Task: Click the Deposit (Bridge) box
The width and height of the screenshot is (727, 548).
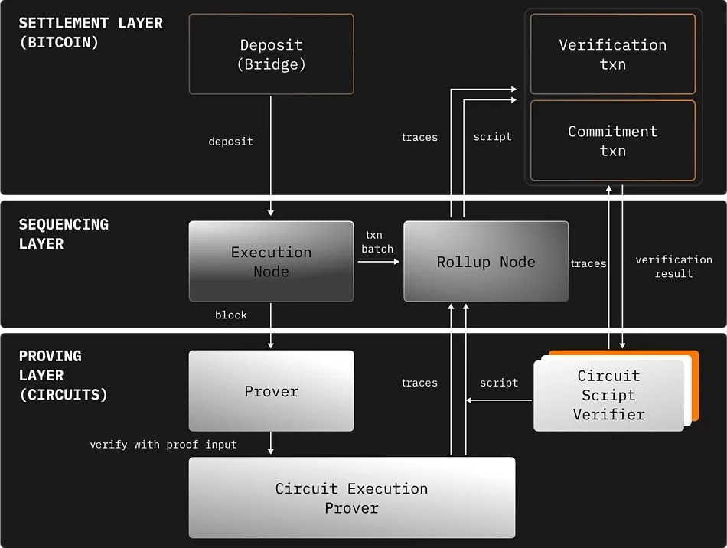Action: [271, 54]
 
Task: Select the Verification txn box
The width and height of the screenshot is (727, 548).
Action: [612, 54]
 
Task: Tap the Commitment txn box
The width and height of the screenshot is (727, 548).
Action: [612, 141]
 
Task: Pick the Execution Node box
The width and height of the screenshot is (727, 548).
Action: [271, 262]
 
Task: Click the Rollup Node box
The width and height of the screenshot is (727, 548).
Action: [486, 262]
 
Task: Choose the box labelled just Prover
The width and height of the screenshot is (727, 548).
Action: [271, 391]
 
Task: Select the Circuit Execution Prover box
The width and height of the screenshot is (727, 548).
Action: [351, 498]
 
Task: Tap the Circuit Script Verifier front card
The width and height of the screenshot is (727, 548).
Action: [608, 396]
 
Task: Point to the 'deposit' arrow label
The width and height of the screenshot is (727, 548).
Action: [230, 142]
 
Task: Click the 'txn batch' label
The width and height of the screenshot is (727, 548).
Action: [377, 242]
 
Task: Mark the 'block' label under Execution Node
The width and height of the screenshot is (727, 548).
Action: [230, 315]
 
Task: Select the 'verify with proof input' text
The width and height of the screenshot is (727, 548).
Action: [163, 444]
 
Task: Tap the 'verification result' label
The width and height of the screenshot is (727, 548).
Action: [673, 266]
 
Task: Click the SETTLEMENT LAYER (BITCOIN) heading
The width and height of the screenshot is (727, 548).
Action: [90, 33]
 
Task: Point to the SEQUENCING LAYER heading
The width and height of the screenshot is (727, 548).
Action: [64, 234]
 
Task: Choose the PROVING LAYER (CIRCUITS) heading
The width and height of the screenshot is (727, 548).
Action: [63, 376]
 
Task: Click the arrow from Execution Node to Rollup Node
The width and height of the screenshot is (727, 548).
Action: [378, 262]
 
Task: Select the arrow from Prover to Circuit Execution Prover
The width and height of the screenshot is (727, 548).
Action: [271, 444]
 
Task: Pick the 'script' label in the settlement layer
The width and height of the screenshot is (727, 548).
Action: [492, 137]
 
